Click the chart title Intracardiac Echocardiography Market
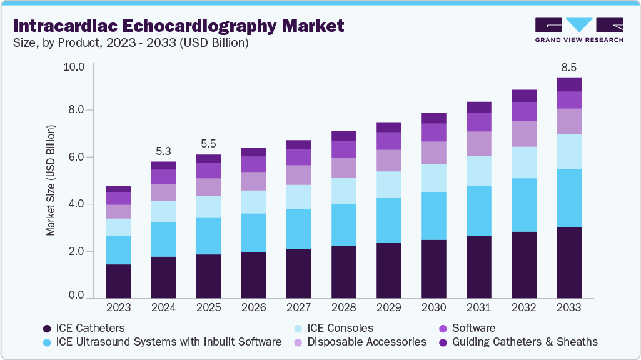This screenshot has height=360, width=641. click(178, 26)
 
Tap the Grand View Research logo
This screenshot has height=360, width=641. click(578, 29)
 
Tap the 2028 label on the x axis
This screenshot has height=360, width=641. click(343, 307)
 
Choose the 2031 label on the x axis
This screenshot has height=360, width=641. click(478, 307)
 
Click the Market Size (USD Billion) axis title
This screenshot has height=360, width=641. click(50, 180)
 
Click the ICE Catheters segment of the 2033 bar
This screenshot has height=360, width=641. click(568, 262)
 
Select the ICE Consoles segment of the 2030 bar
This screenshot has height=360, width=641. click(433, 178)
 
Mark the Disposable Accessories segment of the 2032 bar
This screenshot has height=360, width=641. click(523, 134)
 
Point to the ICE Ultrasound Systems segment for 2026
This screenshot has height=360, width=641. click(253, 232)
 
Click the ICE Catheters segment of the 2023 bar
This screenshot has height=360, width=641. click(118, 281)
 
